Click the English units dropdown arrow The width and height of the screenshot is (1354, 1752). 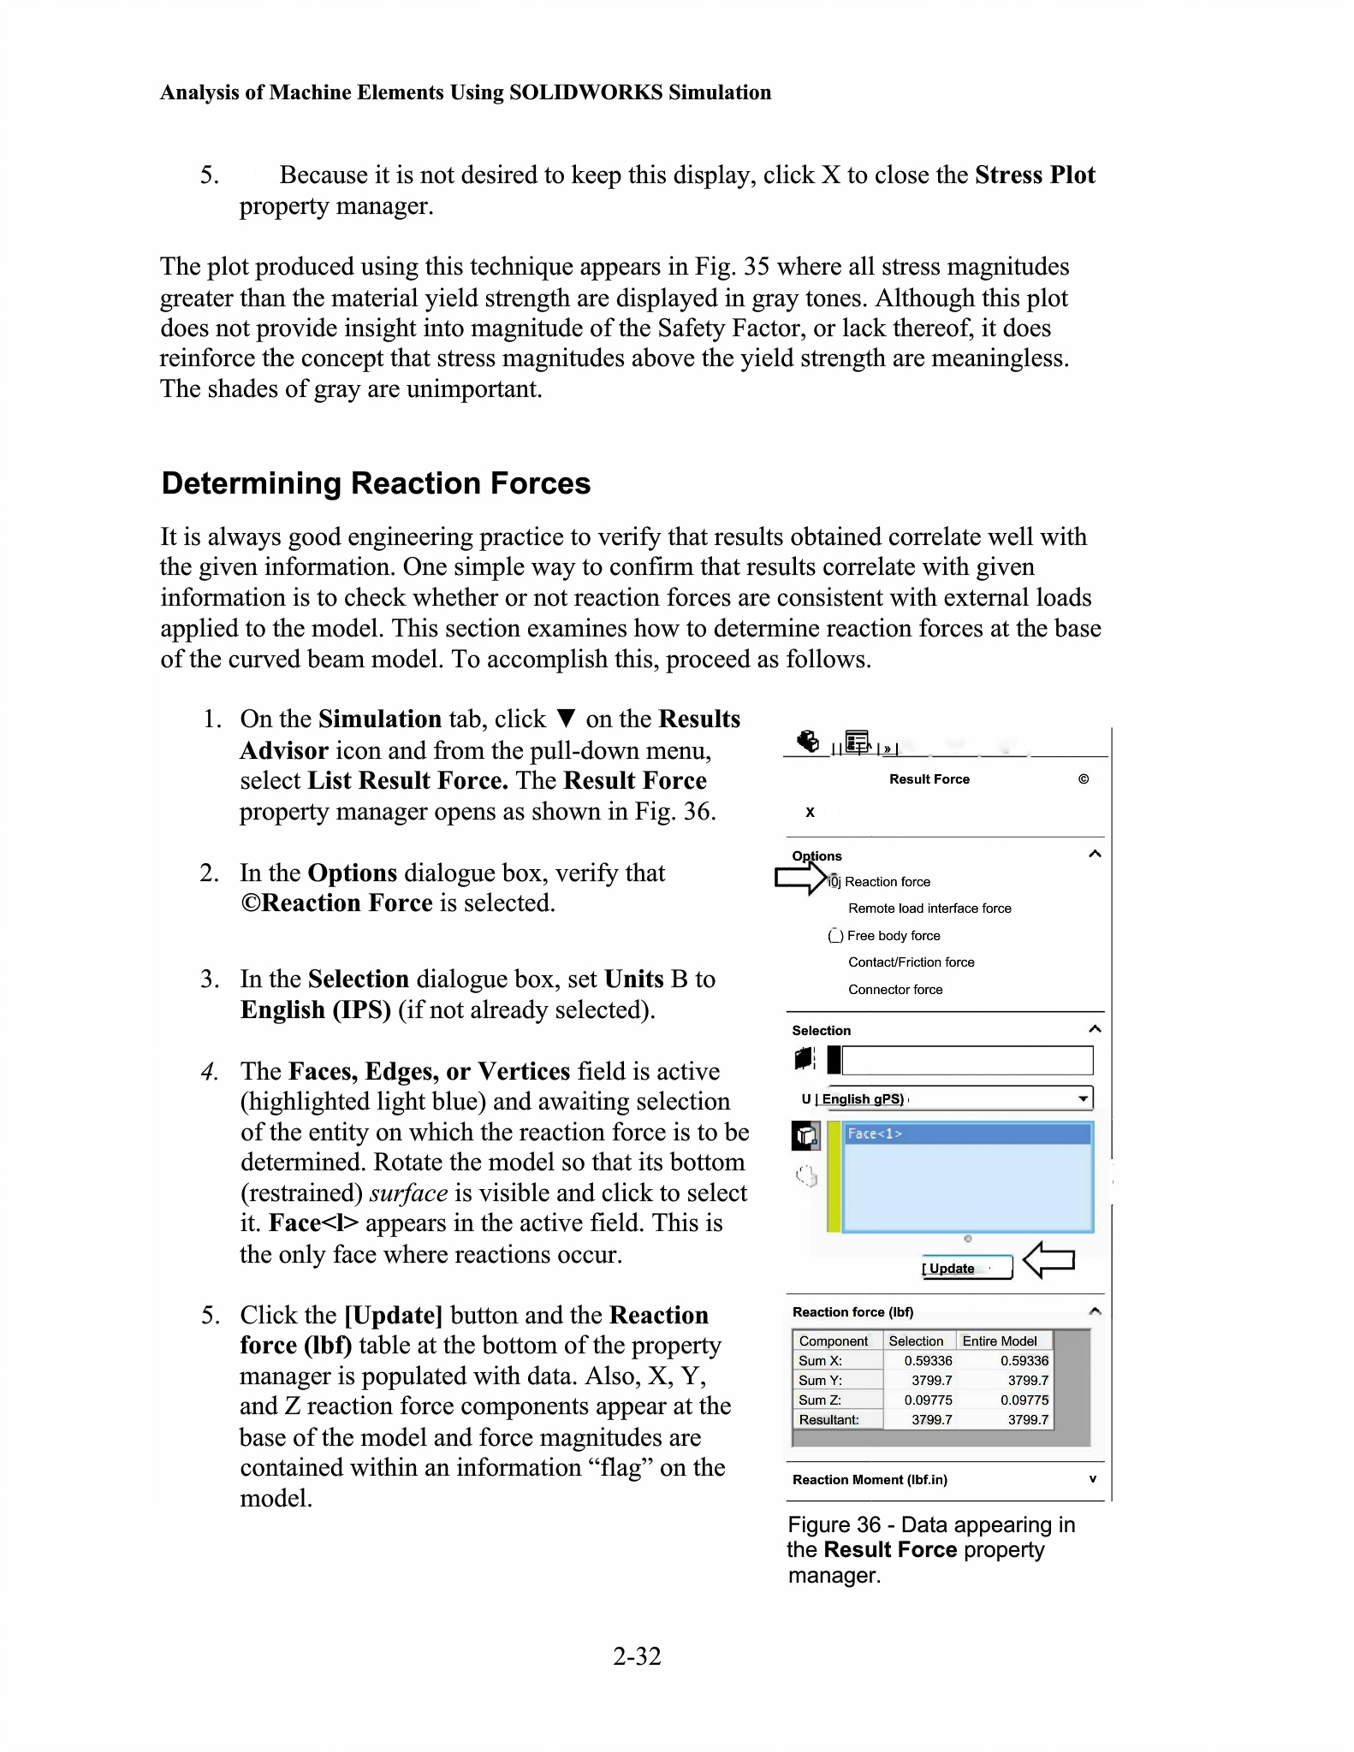1083,1098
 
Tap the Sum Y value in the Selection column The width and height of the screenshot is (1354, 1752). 931,1380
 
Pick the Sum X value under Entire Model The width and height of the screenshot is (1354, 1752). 1024,1360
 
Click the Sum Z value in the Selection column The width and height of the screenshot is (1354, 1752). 928,1400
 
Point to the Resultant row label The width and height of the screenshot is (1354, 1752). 828,1419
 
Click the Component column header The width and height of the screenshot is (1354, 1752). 833,1341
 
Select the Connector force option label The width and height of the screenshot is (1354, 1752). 895,990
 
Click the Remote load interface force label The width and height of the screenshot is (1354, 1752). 929,909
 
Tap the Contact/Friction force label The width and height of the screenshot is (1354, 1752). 911,962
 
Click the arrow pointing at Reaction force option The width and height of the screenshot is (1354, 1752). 799,879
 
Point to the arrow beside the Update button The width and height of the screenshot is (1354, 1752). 1048,1259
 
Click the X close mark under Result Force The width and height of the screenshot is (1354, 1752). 810,812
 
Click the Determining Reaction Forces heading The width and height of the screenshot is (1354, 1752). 376,483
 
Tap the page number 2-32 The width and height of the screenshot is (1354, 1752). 637,1656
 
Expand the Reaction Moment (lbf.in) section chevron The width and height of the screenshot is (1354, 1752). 1092,1479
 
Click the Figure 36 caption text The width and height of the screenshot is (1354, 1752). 930,1549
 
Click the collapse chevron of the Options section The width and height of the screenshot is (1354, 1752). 1094,854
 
